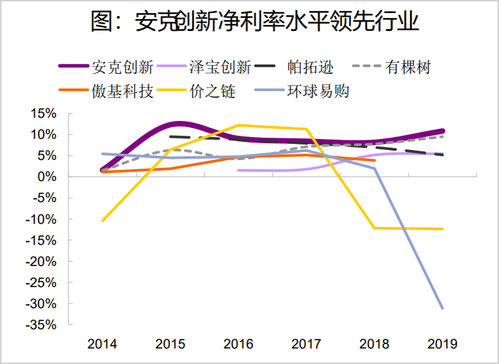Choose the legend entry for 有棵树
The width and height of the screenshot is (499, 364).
click(x=407, y=66)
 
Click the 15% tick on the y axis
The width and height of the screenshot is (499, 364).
click(x=43, y=113)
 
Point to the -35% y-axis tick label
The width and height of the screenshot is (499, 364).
click(x=42, y=325)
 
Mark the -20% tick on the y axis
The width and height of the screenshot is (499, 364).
click(x=42, y=262)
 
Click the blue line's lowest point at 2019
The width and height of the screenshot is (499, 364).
click(x=443, y=308)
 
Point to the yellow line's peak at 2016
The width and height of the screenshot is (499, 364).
click(x=239, y=125)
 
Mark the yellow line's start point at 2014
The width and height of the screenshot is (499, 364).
click(x=102, y=221)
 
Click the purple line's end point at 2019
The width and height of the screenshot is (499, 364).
click(x=443, y=131)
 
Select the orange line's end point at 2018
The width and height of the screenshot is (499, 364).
click(x=374, y=160)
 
